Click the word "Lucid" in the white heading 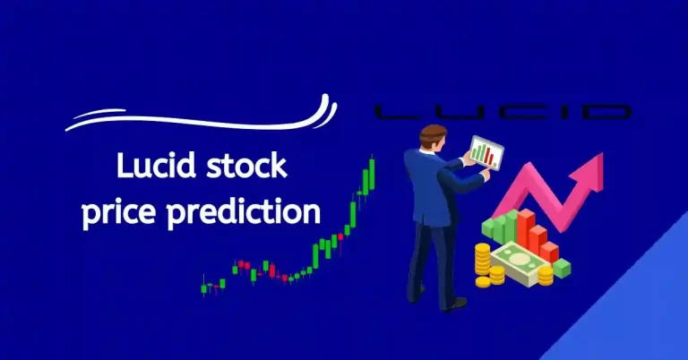tap(153, 167)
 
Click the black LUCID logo tap(501, 112)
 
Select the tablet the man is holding tap(483, 153)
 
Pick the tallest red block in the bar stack tap(526, 229)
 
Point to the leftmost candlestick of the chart tap(205, 287)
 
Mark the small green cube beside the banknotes tap(562, 267)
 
